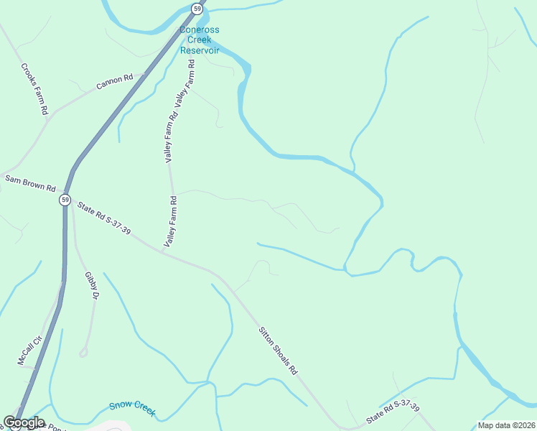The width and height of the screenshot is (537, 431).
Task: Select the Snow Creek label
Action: coord(132,407)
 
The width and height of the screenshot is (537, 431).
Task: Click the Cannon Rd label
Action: coord(115,82)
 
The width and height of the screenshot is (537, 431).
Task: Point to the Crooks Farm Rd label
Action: coord(34,89)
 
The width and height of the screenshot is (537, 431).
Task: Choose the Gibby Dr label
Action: coord(91,284)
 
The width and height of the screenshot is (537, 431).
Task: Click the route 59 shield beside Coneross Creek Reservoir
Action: coord(197,9)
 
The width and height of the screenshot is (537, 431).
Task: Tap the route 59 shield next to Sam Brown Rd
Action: coord(65,199)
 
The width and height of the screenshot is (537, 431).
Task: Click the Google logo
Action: coord(24,422)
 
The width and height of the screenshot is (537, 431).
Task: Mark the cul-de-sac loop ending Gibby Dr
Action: coord(84,352)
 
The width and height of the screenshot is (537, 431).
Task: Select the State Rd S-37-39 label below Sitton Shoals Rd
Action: coord(392,411)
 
